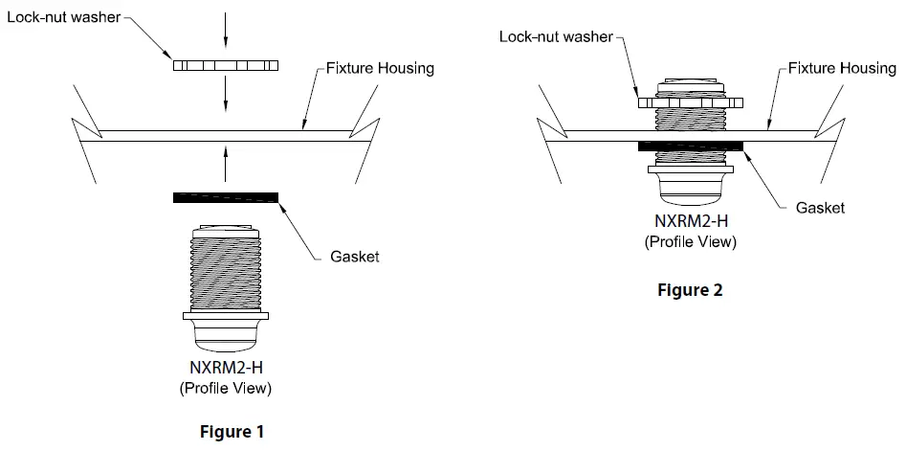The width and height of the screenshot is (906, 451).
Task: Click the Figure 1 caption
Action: point(232,432)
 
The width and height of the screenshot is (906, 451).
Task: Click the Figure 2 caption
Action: point(691,290)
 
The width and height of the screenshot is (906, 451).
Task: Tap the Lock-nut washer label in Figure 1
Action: point(63,18)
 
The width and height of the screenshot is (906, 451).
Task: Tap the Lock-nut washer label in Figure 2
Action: point(556,37)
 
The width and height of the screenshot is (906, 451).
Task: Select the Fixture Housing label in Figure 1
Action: point(380,68)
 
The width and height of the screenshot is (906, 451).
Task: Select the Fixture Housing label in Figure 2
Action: point(843,68)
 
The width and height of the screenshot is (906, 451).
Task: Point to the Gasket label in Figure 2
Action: point(820,207)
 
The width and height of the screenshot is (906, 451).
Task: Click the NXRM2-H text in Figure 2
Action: point(691,222)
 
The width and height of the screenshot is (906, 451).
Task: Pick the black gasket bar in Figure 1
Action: point(226,197)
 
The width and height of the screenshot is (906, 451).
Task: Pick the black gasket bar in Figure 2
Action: point(691,146)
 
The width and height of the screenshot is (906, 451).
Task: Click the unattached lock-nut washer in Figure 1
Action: point(226,66)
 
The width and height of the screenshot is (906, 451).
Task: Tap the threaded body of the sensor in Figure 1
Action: point(226,273)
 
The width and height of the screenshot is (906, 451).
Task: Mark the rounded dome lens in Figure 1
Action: point(226,334)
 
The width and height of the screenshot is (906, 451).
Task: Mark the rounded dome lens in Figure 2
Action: point(691,190)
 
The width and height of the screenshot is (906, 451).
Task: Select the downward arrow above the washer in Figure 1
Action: point(226,29)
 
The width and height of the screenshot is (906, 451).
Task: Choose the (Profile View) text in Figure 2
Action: point(691,241)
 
